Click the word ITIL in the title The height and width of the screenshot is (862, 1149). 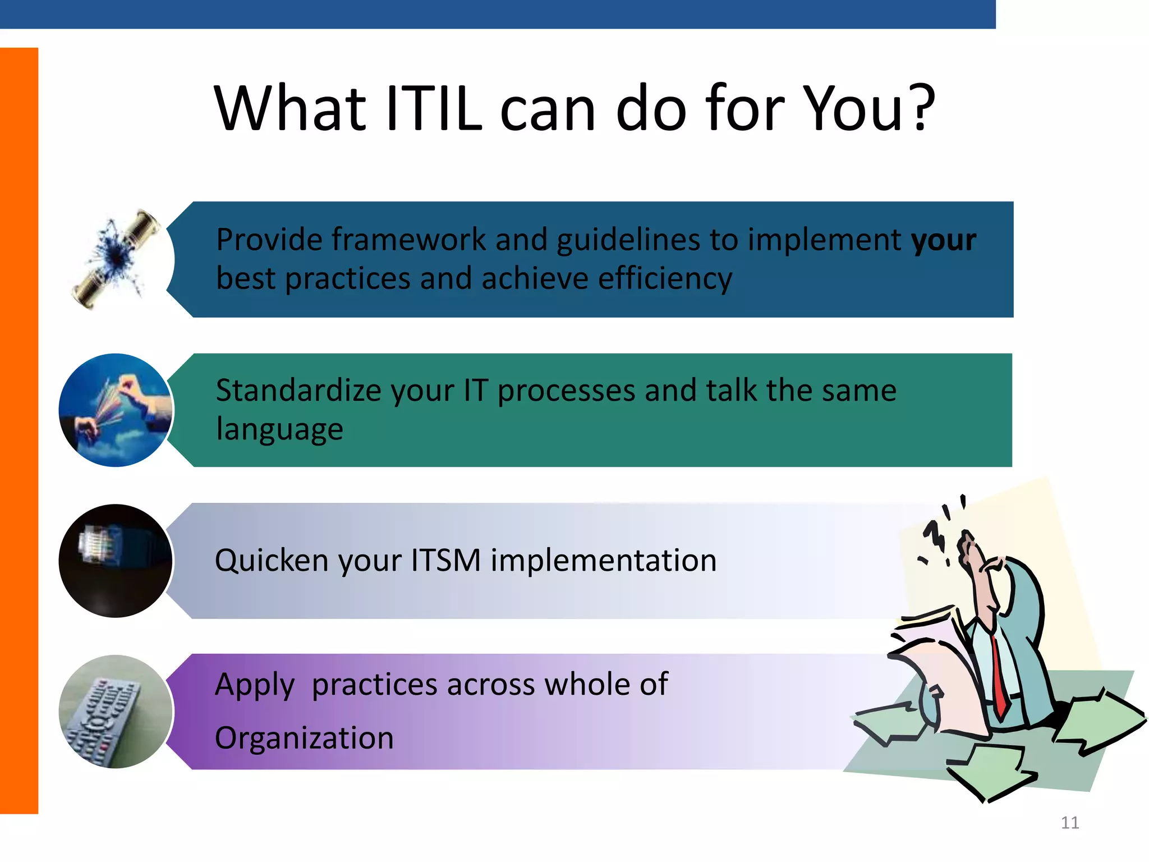point(434,108)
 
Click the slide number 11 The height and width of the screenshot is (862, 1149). point(1070,823)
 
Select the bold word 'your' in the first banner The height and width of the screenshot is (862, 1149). point(944,240)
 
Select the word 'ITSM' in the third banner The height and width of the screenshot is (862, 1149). point(445,561)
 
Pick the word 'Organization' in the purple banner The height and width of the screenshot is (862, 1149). point(304,738)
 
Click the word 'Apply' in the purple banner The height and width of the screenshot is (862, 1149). point(254,686)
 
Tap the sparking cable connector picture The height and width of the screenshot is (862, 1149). point(116,259)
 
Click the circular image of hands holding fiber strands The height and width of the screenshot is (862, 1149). point(116,410)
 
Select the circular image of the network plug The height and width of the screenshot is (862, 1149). point(116,561)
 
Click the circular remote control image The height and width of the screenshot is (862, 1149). point(116,712)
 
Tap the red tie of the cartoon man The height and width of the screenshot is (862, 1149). point(999,679)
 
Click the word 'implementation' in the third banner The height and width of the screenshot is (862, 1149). point(604,561)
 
